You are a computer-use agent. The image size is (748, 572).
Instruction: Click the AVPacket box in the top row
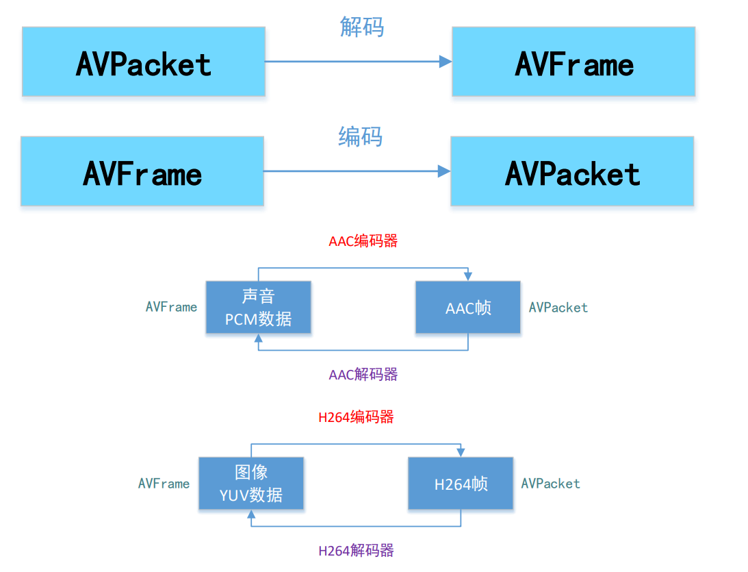(x=144, y=62)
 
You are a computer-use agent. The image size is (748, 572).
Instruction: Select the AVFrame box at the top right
(x=573, y=62)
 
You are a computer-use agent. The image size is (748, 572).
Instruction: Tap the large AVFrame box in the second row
(x=142, y=171)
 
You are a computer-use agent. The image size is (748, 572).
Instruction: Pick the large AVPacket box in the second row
(x=572, y=171)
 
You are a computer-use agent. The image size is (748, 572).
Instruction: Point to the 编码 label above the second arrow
(x=360, y=136)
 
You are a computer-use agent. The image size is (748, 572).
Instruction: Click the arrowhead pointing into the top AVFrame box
(x=446, y=62)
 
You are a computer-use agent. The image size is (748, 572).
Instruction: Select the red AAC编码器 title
(x=363, y=241)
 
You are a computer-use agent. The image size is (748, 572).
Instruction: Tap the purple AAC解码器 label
(x=363, y=375)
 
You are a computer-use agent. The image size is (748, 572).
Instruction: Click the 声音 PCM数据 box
(x=258, y=308)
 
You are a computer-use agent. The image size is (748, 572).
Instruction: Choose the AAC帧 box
(x=468, y=308)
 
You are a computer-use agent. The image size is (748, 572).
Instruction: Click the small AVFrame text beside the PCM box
(x=171, y=308)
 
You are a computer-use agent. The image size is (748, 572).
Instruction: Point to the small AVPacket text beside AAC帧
(x=558, y=308)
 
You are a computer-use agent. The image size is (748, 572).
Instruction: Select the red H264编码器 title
(x=356, y=417)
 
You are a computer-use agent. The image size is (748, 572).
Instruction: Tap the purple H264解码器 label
(x=356, y=551)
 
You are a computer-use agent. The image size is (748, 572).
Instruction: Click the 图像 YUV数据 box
(x=251, y=484)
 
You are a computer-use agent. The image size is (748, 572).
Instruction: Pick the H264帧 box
(x=461, y=484)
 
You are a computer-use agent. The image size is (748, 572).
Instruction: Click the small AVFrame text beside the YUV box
(x=164, y=484)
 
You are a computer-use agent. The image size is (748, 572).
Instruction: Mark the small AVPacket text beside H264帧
(x=550, y=484)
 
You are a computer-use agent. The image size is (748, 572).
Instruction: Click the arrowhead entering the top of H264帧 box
(x=461, y=453)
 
